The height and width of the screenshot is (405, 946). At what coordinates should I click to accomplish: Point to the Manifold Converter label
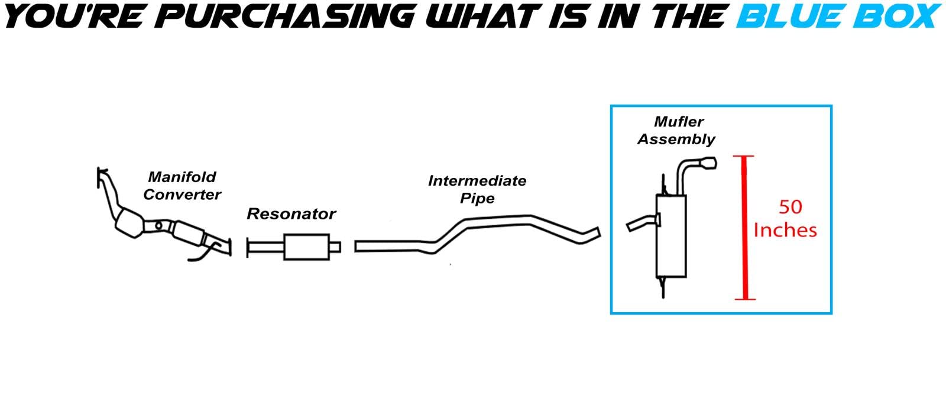(182, 185)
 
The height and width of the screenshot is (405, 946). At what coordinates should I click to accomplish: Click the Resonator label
(291, 213)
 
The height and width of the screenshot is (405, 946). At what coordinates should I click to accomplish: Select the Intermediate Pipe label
(477, 189)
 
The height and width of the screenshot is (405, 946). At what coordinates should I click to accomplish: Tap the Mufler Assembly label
(676, 130)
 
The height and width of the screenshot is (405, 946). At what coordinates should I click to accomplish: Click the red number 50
(791, 207)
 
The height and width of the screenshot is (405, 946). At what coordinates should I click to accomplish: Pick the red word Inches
(785, 230)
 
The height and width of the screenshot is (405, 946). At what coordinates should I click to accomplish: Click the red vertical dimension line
(745, 228)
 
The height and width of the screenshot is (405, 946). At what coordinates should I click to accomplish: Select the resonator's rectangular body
(306, 247)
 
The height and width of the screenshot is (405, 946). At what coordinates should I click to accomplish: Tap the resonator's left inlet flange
(248, 248)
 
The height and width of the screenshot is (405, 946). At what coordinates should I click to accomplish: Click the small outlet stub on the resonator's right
(335, 247)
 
